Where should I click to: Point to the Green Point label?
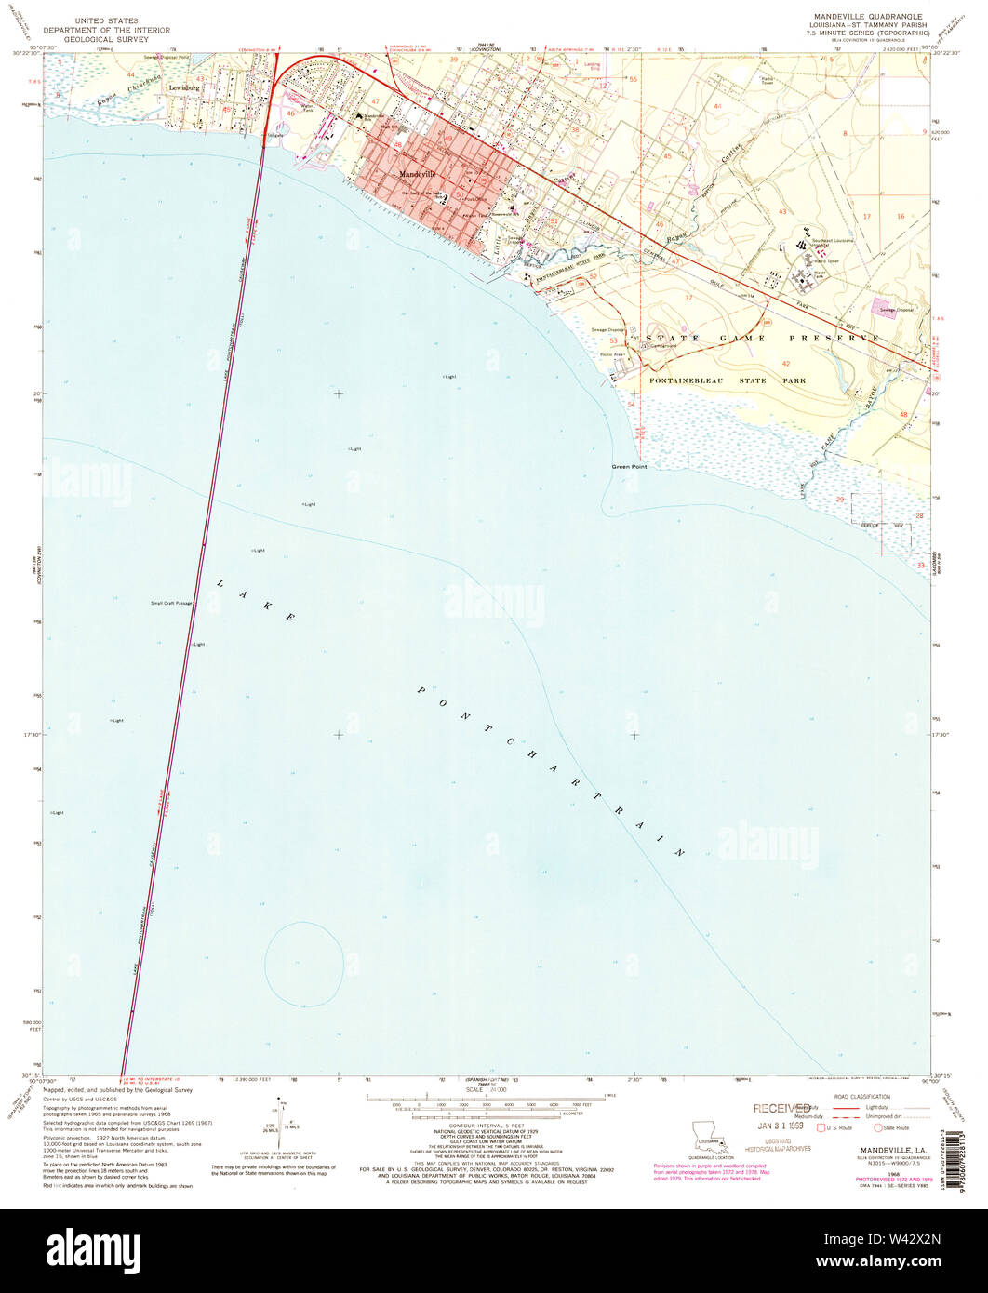[629, 466]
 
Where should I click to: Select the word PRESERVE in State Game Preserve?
[842, 338]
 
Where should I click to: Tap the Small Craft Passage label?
[171, 603]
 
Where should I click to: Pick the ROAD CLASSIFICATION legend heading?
[862, 1097]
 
